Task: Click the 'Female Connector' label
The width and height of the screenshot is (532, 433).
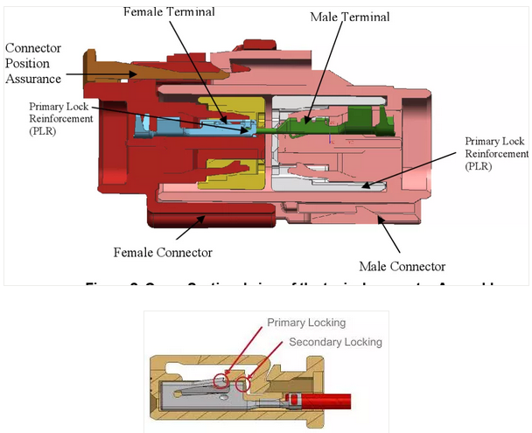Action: tap(163, 252)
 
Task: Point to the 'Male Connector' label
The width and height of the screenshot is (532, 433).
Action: tap(402, 266)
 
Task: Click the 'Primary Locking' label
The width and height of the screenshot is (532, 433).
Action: tap(306, 322)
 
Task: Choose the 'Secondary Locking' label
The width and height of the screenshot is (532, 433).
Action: tap(335, 341)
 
